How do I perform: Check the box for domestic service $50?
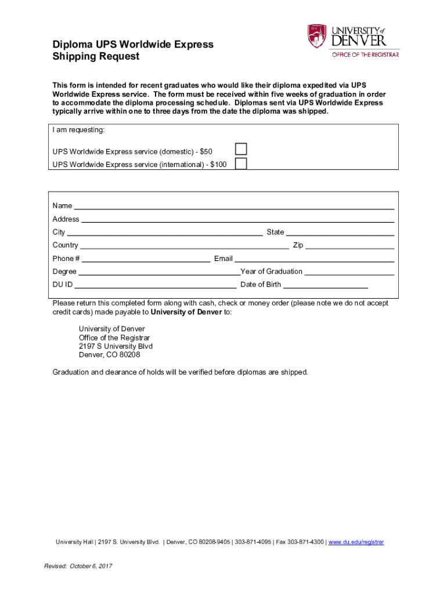pos(241,149)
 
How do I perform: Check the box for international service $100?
pos(241,164)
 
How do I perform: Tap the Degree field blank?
pos(159,271)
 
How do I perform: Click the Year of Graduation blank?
pos(349,271)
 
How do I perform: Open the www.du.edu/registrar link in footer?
pos(356,542)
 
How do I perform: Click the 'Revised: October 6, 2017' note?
pos(78,566)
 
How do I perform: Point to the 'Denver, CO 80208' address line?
pos(109,354)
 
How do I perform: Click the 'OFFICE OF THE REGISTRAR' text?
pos(365,55)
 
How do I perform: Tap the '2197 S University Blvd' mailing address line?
pos(116,346)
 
